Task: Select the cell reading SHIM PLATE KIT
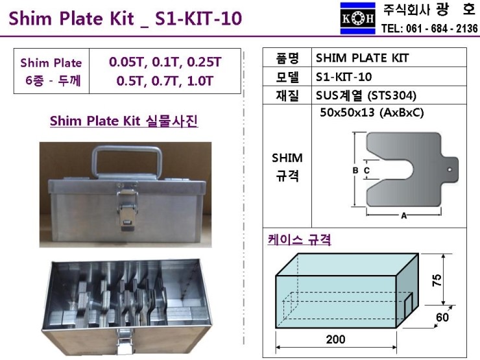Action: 363,58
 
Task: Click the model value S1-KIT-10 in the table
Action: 344,77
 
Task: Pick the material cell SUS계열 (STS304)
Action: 366,96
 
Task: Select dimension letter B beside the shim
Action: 355,170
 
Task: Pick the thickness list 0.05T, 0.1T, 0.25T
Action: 165,63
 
